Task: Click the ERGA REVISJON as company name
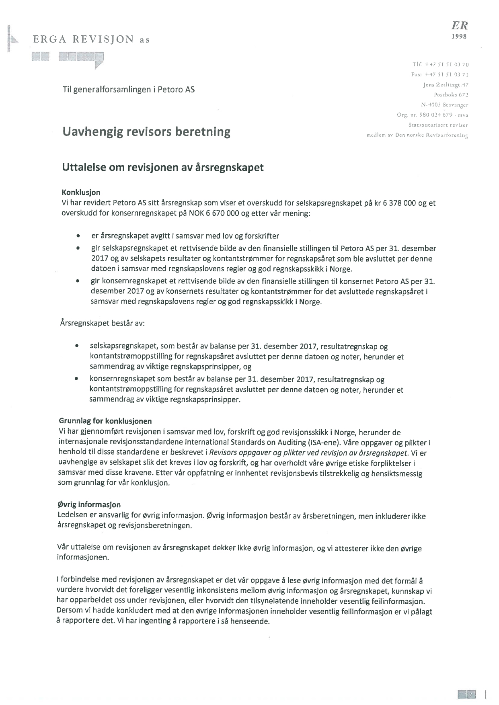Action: [x=91, y=39]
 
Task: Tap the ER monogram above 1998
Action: [x=459, y=26]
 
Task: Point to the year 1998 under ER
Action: [x=459, y=37]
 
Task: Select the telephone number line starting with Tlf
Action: [x=440, y=64]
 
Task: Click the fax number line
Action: [x=440, y=74]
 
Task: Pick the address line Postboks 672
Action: [x=451, y=95]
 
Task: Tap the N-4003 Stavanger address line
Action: [x=445, y=105]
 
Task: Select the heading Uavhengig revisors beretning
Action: [x=146, y=132]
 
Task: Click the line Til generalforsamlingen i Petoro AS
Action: [x=129, y=89]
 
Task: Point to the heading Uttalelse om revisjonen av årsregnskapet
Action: [x=163, y=167]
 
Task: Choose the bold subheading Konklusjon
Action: [x=81, y=193]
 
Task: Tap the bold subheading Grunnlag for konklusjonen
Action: [x=105, y=421]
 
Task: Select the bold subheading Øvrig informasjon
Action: [x=89, y=504]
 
